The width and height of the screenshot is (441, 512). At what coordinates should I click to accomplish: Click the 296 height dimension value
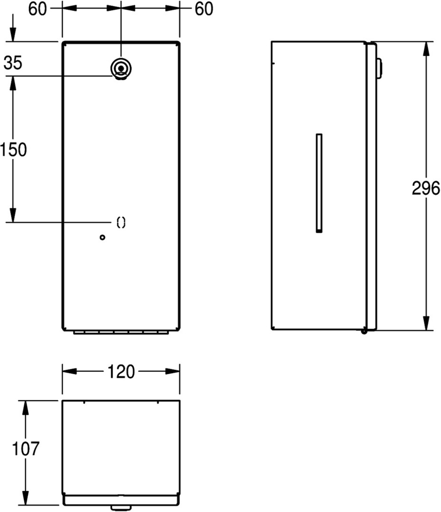coord(426,188)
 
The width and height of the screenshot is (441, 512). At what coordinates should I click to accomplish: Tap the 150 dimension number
coord(13,150)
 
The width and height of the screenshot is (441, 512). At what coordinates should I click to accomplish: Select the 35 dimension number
coord(13,63)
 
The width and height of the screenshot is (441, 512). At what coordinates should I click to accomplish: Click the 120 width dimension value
coord(121,372)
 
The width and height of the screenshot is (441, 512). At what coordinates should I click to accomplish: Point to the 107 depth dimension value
coord(26,448)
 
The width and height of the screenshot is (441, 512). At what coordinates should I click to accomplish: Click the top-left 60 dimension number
coord(38,9)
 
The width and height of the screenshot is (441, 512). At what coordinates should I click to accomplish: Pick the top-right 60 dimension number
coord(204,9)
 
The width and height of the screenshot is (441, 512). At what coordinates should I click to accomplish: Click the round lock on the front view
coord(121,69)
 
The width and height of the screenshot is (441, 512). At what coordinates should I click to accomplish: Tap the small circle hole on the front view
coord(103,238)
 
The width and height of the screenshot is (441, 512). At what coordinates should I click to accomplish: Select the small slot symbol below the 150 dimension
coord(121,222)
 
